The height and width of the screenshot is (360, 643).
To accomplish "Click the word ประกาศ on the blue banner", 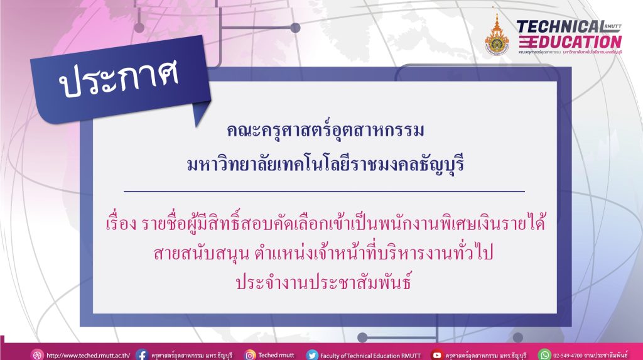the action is coord(119,77).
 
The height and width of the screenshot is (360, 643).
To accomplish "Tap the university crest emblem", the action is coord(497,35).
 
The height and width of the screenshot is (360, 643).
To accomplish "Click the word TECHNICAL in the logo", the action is coord(560,27).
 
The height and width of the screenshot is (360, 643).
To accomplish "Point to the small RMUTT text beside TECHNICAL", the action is coord(613,26).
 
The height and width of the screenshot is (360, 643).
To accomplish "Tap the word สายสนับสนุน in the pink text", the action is coord(201,253).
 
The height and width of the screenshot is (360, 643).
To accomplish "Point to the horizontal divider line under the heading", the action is coord(325,191).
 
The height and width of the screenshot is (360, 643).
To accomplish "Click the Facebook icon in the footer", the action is coord(142,355).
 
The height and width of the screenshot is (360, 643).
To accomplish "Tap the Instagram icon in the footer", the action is coord(250,355).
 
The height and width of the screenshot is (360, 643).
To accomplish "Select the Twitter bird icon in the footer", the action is coord(312,355).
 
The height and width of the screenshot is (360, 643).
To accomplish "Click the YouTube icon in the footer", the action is coord(437,355).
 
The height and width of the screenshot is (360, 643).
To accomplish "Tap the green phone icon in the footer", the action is coord(544,355).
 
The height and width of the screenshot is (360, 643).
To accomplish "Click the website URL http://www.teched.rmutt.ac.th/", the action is coord(88,356).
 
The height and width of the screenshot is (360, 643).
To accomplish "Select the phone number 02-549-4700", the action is coord(568,356).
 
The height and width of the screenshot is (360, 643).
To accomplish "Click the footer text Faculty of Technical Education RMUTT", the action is coord(370,356).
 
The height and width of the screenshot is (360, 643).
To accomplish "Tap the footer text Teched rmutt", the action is coord(276,355).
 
